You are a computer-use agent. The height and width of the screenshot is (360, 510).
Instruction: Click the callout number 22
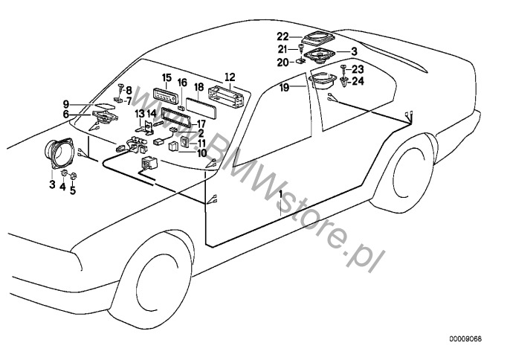283,36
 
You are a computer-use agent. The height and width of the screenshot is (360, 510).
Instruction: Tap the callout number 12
229,77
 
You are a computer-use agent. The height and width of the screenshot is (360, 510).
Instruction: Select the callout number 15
167,78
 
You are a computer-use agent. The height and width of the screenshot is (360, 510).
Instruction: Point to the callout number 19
284,87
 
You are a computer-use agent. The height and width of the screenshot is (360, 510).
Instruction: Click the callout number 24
358,81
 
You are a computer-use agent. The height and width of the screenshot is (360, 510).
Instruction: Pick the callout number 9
66,104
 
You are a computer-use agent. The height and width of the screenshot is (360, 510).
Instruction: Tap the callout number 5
73,190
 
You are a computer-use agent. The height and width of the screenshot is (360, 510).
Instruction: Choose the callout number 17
201,124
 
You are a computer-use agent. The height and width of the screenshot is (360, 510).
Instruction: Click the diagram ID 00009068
465,339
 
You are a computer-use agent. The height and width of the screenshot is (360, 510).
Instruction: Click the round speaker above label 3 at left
59,153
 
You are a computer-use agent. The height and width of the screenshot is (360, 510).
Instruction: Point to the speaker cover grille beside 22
317,37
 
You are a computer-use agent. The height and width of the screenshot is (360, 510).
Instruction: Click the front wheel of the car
153,282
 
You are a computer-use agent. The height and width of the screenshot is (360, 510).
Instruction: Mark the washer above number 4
65,173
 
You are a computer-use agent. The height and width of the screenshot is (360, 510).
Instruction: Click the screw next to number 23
343,68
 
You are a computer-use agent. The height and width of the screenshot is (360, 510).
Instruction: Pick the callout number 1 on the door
280,193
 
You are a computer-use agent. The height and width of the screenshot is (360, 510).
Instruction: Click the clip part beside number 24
343,81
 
